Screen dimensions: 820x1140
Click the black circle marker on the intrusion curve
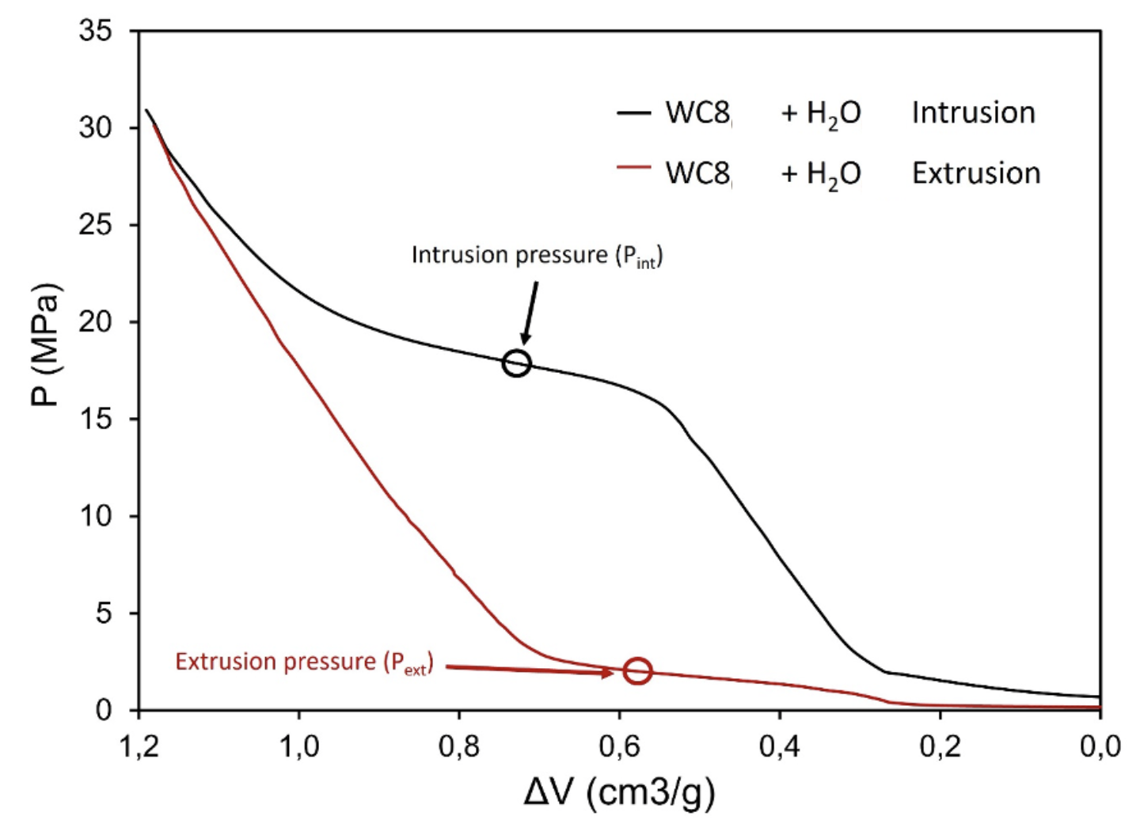pyautogui.click(x=516, y=363)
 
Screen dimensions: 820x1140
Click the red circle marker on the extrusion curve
pyautogui.click(x=637, y=670)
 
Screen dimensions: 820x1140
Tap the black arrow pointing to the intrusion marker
pyautogui.click(x=530, y=312)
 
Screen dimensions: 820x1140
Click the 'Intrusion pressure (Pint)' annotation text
pyautogui.click(x=537, y=255)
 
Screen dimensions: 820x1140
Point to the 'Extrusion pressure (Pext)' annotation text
pyautogui.click(x=304, y=662)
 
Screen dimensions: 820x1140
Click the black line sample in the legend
pyautogui.click(x=633, y=113)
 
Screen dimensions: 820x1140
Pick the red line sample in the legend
pyautogui.click(x=633, y=168)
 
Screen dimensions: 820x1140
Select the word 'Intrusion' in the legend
pyautogui.click(x=973, y=112)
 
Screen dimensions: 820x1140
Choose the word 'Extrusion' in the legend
pyautogui.click(x=975, y=173)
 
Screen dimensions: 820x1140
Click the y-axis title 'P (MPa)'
pyautogui.click(x=45, y=344)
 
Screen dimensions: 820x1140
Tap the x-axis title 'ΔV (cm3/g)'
pyautogui.click(x=619, y=792)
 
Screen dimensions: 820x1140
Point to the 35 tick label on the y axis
pyautogui.click(x=96, y=31)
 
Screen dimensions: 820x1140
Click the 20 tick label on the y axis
pyautogui.click(x=96, y=321)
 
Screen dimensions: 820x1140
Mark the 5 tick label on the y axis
pyautogui.click(x=104, y=613)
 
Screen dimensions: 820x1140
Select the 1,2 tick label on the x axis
pyautogui.click(x=139, y=746)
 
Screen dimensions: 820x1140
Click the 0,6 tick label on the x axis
pyautogui.click(x=619, y=746)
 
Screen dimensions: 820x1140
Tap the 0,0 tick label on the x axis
pyautogui.click(x=1100, y=746)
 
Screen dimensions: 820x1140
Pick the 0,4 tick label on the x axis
pyautogui.click(x=779, y=746)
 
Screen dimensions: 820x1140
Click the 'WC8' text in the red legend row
pyautogui.click(x=697, y=173)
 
